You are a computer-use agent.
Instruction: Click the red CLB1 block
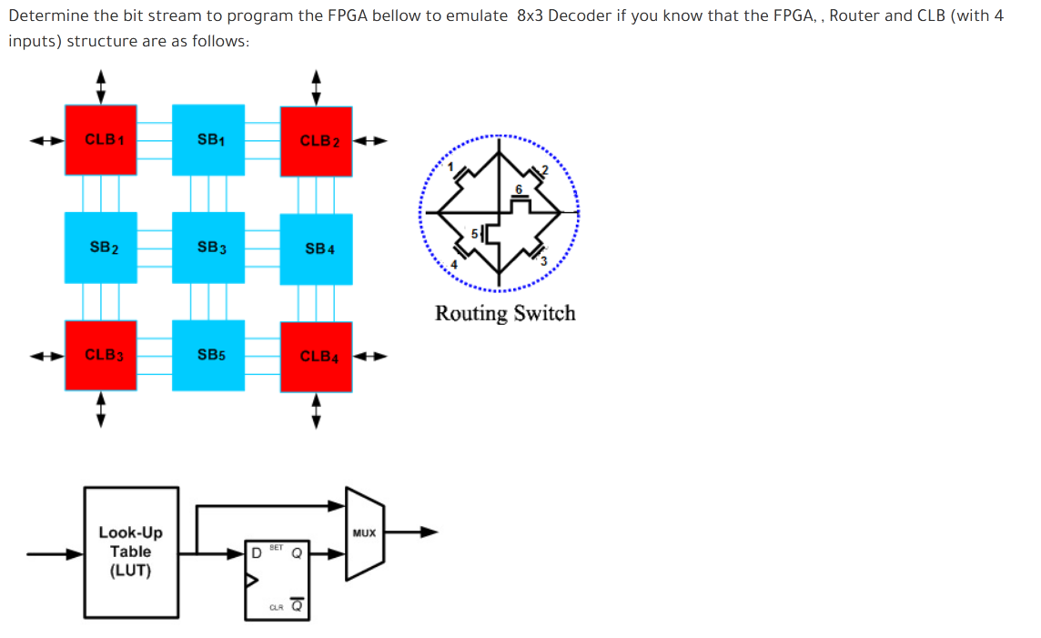[x=101, y=140]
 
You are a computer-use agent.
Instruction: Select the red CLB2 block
[x=316, y=141]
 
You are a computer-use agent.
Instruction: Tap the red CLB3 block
[x=101, y=355]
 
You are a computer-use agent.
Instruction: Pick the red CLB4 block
[x=316, y=356]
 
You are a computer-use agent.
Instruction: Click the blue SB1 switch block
[x=208, y=140]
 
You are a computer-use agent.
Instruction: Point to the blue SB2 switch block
[x=101, y=248]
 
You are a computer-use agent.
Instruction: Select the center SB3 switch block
[x=208, y=248]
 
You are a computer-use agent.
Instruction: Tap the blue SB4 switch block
[x=316, y=248]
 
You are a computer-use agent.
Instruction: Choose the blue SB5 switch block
[x=208, y=355]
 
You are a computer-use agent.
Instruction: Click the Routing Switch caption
[x=505, y=313]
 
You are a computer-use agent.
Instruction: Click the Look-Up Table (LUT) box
[x=130, y=551]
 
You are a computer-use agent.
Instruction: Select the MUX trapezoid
[x=363, y=533]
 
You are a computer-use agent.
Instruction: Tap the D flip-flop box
[x=277, y=580]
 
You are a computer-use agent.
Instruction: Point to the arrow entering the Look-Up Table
[x=55, y=552]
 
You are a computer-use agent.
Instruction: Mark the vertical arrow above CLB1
[x=101, y=87]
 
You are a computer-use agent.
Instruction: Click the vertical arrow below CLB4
[x=316, y=410]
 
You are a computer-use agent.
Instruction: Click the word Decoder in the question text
[x=579, y=16]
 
